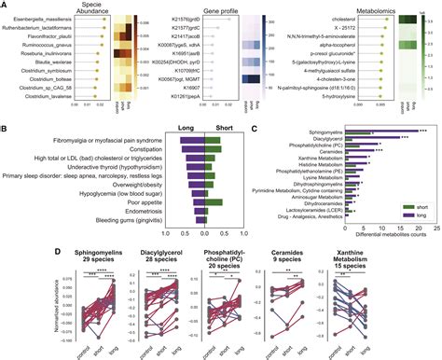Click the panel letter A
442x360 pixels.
[x=6, y=7]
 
